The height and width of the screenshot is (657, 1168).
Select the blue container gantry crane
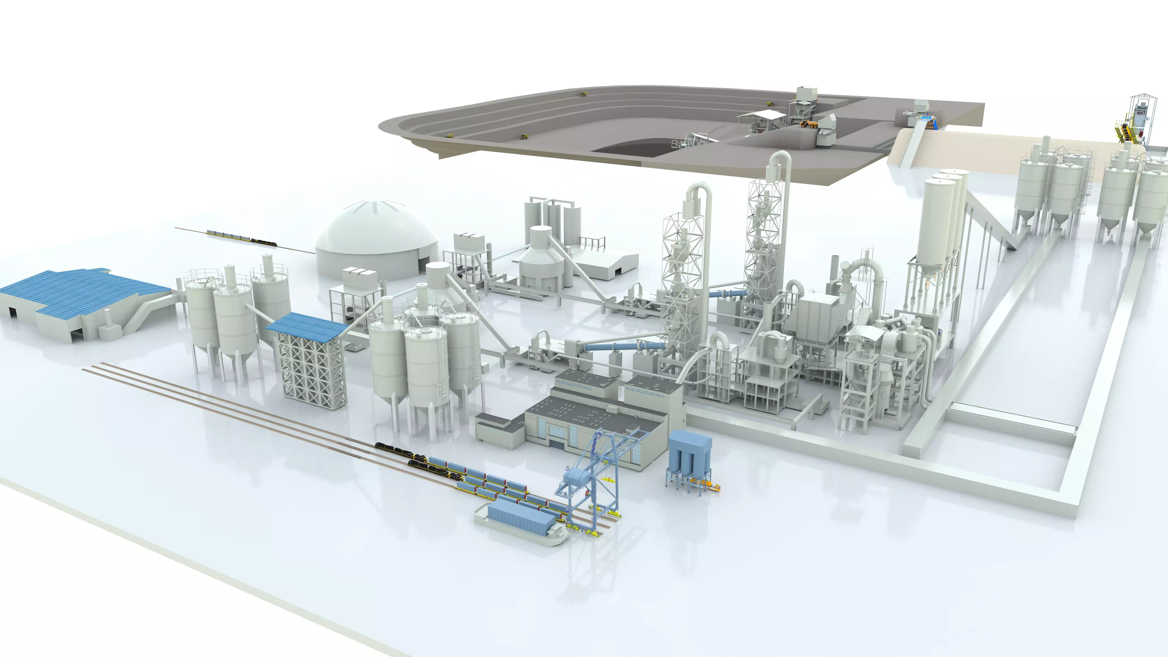tap(594, 476)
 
